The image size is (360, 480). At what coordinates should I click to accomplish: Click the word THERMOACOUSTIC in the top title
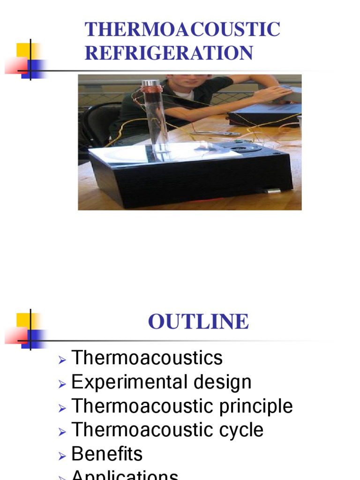182,30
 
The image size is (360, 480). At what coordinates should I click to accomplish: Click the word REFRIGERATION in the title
169,53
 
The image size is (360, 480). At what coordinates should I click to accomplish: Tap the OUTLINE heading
198,322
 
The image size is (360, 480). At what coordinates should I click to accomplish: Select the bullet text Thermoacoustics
147,358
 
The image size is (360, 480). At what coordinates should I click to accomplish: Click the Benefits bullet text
107,454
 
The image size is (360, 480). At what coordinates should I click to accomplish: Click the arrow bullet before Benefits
62,455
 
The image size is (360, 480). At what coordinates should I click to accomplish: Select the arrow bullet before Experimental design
62,383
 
